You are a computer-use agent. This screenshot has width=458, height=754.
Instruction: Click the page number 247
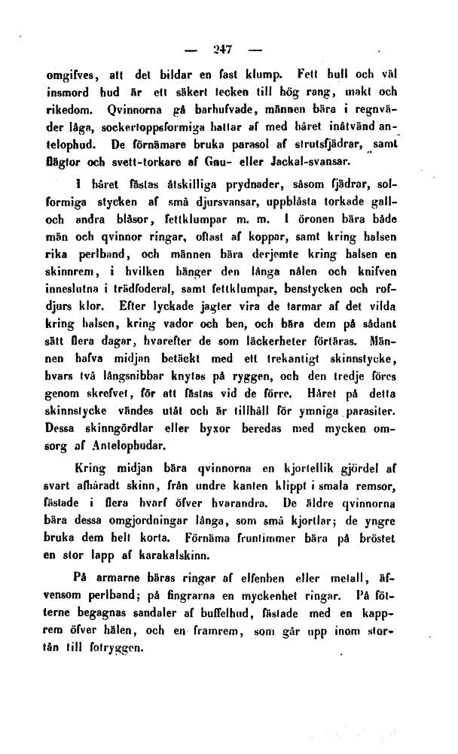pos(223,50)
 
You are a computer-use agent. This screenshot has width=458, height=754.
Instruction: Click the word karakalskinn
pos(168,558)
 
